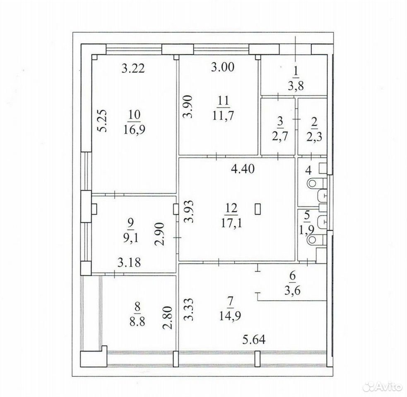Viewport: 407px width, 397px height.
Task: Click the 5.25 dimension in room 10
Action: [103, 121]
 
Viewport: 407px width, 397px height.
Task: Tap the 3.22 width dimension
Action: [133, 69]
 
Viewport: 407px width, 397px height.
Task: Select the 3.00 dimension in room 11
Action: [223, 67]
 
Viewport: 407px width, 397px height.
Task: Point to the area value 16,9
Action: [135, 129]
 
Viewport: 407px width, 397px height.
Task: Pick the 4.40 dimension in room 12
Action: [243, 169]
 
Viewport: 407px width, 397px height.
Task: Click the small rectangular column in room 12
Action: [258, 209]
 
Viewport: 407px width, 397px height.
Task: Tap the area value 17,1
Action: [232, 223]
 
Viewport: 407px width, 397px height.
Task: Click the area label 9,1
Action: [131, 238]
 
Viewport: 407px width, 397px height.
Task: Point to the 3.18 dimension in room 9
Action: [129, 262]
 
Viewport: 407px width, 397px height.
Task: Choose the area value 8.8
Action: [137, 322]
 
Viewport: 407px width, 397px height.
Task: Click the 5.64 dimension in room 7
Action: [254, 340]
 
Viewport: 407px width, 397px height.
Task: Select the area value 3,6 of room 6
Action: [293, 290]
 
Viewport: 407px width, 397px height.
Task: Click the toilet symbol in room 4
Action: [315, 183]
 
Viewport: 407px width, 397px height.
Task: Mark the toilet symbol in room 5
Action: [315, 240]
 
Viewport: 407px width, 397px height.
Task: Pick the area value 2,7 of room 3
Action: [280, 136]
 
